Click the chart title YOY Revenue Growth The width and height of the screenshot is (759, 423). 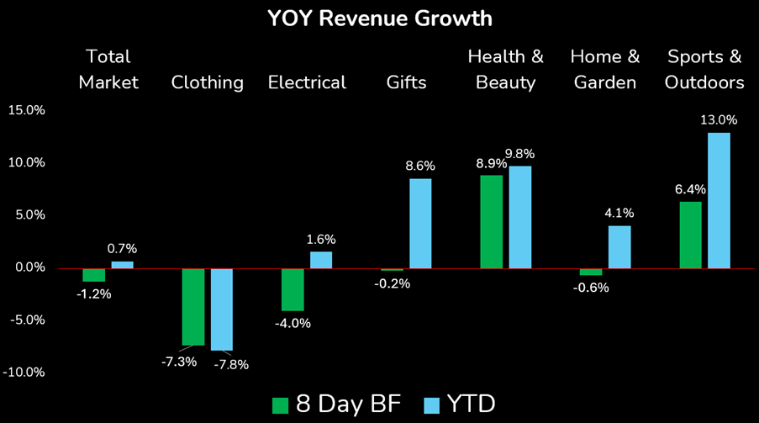(x=379, y=18)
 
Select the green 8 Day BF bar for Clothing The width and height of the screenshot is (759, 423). (x=192, y=306)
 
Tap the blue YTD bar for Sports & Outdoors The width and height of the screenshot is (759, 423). (x=719, y=200)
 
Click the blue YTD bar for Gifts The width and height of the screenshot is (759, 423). (x=420, y=223)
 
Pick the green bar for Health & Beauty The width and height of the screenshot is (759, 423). (x=491, y=221)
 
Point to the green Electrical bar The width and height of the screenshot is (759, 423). (x=293, y=289)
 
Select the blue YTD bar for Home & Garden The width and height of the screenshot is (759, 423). (x=619, y=246)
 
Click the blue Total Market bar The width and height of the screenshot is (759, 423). (x=122, y=265)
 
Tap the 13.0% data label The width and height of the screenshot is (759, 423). (x=719, y=119)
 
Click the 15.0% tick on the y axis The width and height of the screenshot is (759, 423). (x=28, y=110)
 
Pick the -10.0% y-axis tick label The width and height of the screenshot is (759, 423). (x=26, y=373)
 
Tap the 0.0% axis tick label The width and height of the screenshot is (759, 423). (x=29, y=267)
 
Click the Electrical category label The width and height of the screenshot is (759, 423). (x=307, y=82)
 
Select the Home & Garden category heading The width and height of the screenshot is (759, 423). (x=605, y=69)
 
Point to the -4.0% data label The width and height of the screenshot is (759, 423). (x=293, y=323)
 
